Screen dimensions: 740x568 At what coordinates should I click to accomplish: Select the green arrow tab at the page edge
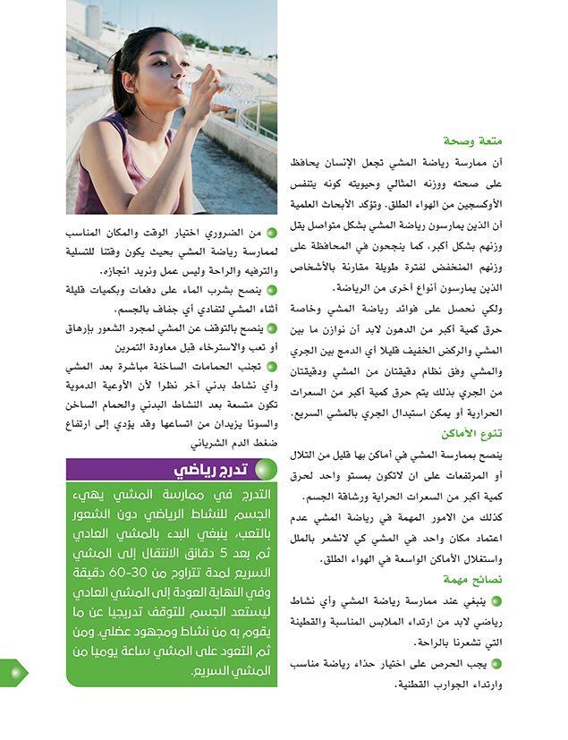tap(13, 673)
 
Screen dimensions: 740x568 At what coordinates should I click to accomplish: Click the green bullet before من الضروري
tap(271, 234)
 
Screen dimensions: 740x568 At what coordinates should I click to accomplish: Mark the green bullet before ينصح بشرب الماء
tap(271, 290)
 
